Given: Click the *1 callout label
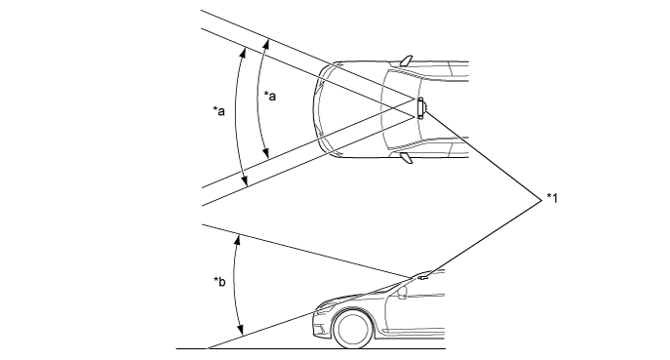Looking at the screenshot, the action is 552,198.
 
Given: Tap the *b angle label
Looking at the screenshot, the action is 219,282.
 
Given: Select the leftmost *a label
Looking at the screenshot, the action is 218,111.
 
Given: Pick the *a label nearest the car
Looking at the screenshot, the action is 270,97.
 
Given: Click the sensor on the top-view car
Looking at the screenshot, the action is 420,107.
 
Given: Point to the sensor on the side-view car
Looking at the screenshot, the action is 423,278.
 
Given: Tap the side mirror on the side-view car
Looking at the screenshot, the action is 402,293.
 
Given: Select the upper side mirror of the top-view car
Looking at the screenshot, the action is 407,60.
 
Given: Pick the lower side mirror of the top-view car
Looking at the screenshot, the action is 407,158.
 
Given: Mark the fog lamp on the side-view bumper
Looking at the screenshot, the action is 318,329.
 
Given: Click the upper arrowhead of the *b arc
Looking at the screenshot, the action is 238,239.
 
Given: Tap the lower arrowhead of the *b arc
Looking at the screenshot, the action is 240,330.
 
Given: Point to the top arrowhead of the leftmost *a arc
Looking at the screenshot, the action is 245,52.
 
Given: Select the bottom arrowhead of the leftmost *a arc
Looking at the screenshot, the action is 245,181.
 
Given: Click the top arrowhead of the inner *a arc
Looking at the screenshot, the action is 267,43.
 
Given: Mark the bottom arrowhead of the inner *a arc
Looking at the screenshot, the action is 266,154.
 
